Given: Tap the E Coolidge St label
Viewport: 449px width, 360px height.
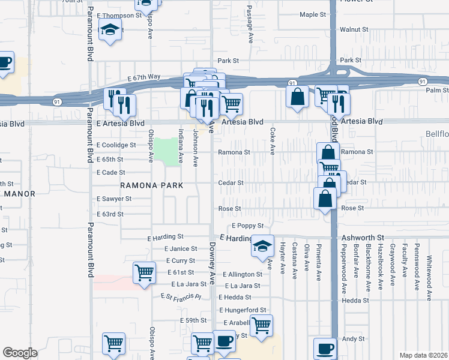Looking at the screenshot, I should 116,145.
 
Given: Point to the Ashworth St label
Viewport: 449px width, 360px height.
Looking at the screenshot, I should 363,238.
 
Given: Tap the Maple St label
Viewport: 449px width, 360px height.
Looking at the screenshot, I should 312,14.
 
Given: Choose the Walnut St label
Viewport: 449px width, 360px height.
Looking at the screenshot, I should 354,29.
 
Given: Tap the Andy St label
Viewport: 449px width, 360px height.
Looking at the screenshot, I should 352,339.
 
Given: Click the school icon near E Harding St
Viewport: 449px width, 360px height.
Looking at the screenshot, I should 262,246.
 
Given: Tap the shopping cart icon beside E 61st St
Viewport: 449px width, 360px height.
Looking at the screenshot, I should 145,273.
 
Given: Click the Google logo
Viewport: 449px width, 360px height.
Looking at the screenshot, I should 20,353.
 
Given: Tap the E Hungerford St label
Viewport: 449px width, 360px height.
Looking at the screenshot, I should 243,310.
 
